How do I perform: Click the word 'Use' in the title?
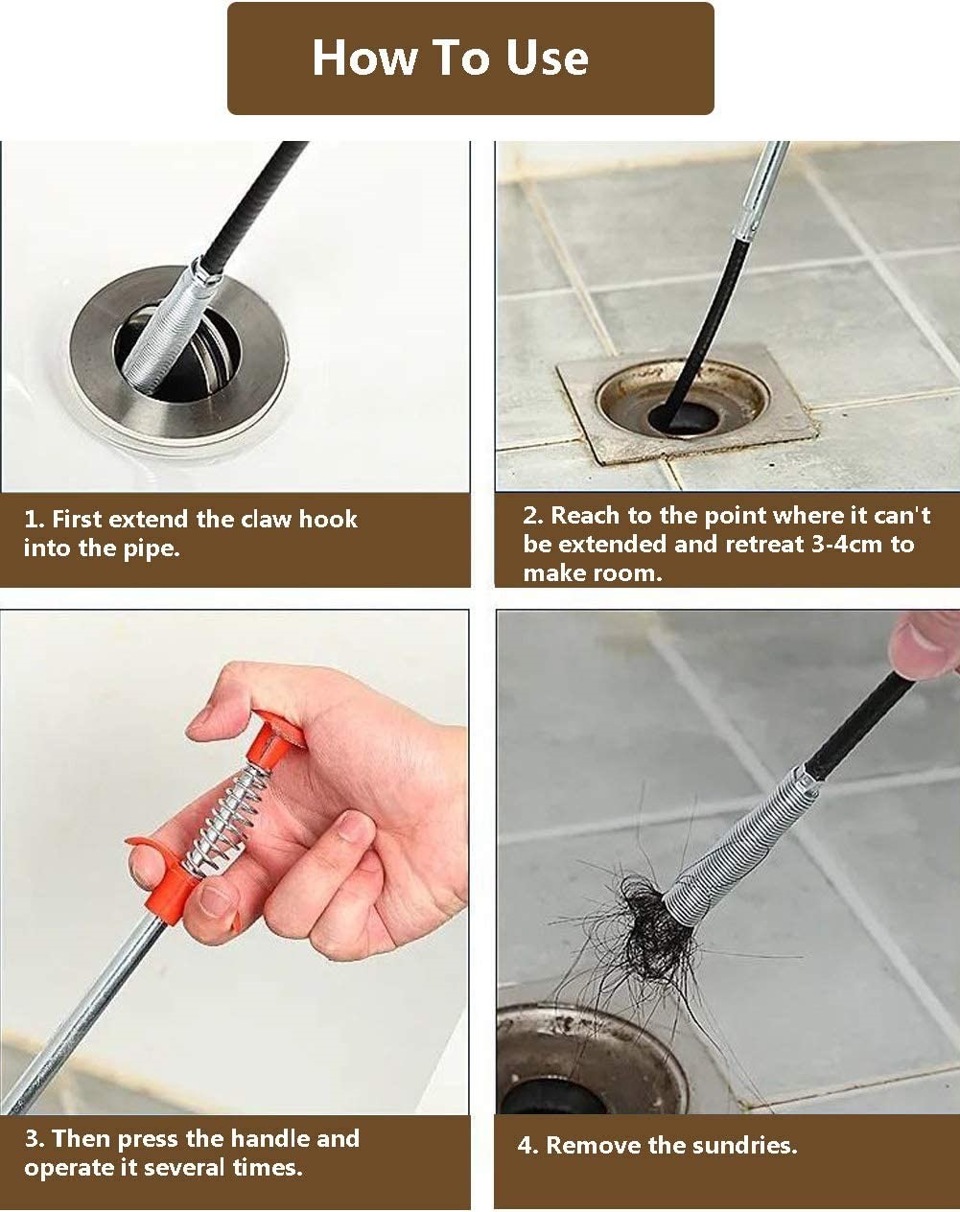[547, 58]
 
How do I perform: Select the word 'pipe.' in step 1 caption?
[152, 548]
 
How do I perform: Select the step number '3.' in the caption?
[35, 1138]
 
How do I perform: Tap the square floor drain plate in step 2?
[686, 402]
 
